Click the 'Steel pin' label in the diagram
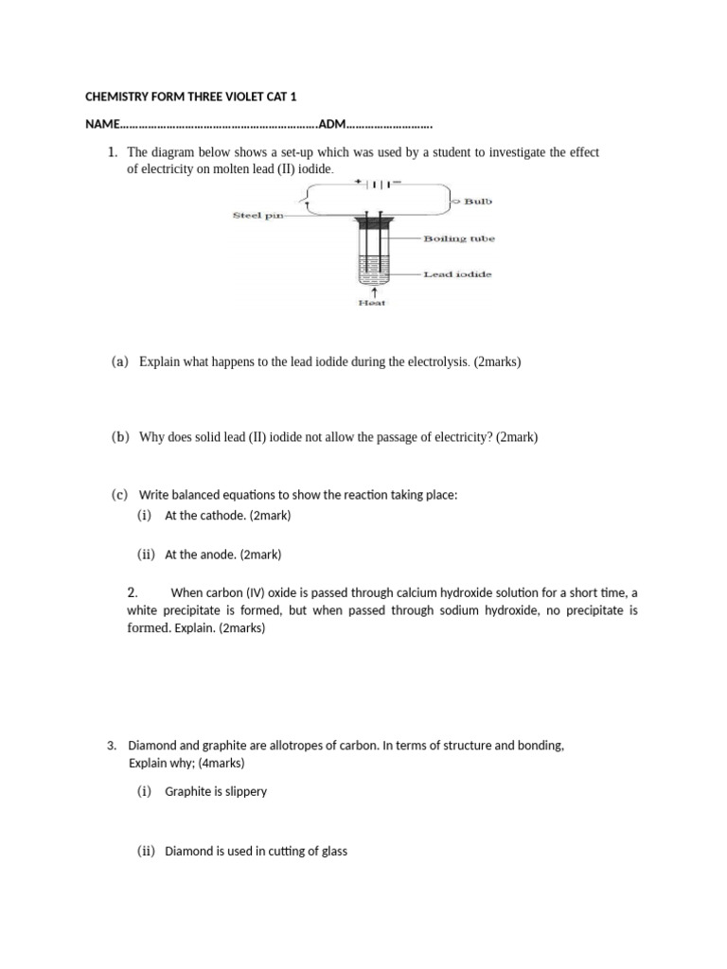[257, 216]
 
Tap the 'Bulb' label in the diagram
[478, 201]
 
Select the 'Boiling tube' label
[458, 238]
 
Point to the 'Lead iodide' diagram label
[458, 273]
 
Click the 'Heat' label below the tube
[372, 303]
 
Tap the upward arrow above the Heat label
[372, 291]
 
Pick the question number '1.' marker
[113, 152]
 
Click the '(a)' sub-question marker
[119, 361]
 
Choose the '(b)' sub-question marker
[119, 437]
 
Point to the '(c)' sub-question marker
[119, 495]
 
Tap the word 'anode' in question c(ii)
[219, 555]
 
